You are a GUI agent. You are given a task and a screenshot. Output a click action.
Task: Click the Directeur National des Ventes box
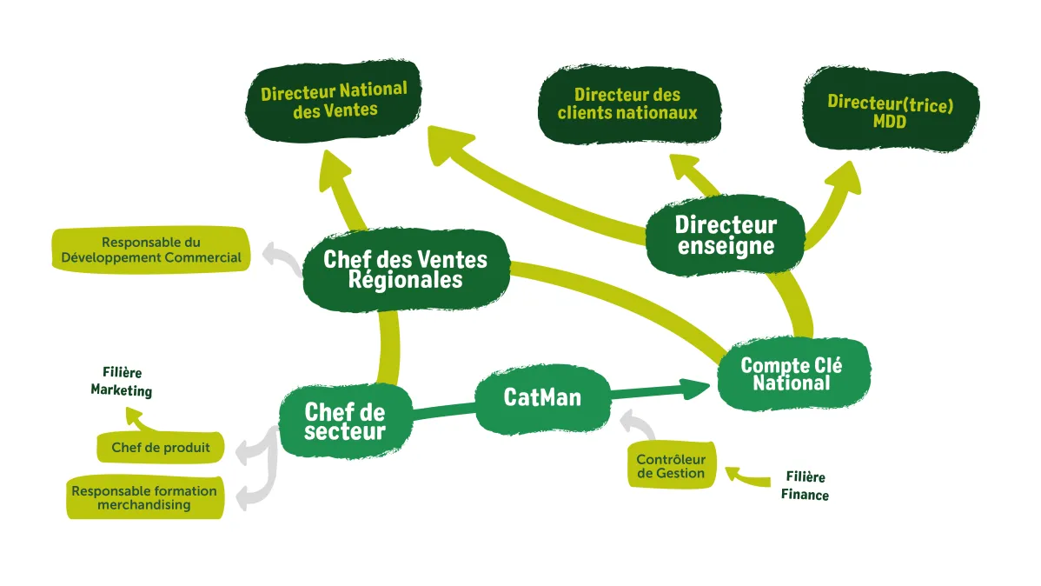click(x=334, y=100)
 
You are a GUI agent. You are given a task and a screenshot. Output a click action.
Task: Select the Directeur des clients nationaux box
click(x=627, y=103)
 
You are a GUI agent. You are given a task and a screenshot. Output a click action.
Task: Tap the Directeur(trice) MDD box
click(x=890, y=112)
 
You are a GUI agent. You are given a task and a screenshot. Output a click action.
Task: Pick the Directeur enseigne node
click(x=726, y=235)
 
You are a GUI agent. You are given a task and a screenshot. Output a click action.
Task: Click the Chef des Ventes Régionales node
click(x=405, y=269)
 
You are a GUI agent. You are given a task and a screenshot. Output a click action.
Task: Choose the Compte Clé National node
click(x=791, y=375)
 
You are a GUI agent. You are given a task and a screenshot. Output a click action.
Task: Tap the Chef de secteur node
click(x=345, y=420)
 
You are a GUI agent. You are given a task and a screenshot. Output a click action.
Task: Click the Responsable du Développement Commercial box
click(x=150, y=250)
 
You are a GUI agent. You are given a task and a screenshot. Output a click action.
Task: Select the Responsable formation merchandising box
click(x=144, y=497)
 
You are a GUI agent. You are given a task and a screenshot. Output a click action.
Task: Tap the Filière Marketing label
click(x=122, y=382)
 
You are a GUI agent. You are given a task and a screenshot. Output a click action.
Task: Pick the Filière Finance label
click(x=805, y=486)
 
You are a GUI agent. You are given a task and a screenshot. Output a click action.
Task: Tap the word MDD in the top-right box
click(x=890, y=123)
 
